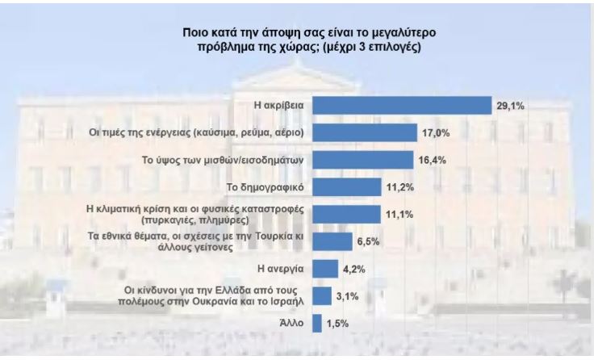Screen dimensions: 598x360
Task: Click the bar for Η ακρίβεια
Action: (402, 105)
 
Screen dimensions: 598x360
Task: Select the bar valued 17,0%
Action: (365, 132)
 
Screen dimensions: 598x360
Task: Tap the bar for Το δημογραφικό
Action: (347, 187)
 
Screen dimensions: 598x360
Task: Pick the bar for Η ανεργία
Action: (325, 269)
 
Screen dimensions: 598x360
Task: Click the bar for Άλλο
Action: (317, 324)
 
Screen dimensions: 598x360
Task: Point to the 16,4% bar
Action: (363, 160)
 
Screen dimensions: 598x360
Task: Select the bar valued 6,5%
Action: (332, 242)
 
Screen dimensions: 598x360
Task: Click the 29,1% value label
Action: (510, 106)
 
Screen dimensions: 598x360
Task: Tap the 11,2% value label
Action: (399, 187)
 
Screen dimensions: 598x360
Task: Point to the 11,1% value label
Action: (399, 215)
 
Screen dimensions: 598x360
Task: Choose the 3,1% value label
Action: (348, 296)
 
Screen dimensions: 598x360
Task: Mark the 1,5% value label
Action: (338, 324)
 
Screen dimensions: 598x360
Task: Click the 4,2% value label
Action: (354, 270)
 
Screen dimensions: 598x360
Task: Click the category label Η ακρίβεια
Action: (278, 106)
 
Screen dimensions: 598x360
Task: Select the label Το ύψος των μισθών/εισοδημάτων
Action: (223, 160)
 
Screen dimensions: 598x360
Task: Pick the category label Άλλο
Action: (292, 323)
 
